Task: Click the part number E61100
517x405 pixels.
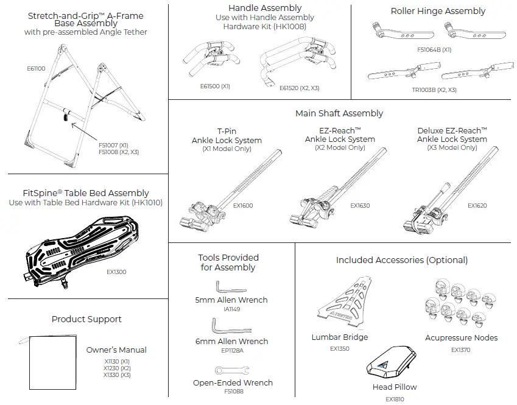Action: (37, 69)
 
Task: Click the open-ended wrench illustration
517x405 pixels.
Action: (231, 369)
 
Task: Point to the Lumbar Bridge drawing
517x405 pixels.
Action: (345, 304)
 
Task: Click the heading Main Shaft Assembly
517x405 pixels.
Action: (339, 113)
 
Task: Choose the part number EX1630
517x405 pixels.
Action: (360, 206)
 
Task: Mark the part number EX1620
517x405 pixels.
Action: (477, 206)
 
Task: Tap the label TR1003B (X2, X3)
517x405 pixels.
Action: (433, 90)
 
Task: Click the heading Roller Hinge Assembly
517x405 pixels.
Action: (438, 11)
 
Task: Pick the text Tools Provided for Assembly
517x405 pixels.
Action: (228, 262)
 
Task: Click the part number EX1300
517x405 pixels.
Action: (116, 272)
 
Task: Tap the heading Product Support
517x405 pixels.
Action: (86, 319)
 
